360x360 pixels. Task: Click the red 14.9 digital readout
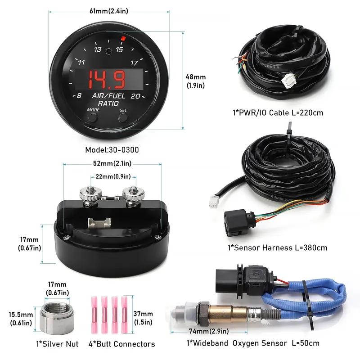[109, 80]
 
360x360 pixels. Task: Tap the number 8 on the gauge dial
[79, 95]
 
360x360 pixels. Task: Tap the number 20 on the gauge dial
[135, 95]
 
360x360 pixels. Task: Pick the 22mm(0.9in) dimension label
[111, 176]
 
